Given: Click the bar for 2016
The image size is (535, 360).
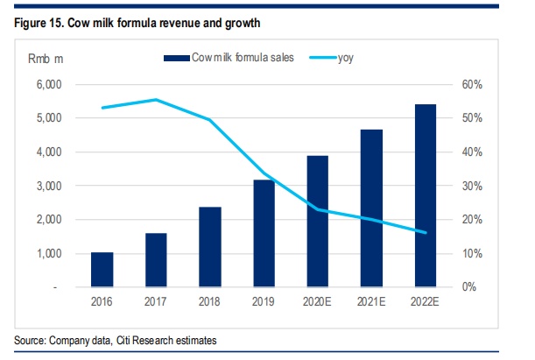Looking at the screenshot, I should pyautogui.click(x=102, y=270).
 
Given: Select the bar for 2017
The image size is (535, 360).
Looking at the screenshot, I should pyautogui.click(x=156, y=260).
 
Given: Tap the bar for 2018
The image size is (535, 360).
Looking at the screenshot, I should pyautogui.click(x=209, y=247).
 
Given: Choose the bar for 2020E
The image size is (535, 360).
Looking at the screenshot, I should pyautogui.click(x=317, y=222).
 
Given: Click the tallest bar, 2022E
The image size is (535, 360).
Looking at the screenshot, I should pyautogui.click(x=425, y=195).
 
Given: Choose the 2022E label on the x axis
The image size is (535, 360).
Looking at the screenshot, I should pyautogui.click(x=425, y=302).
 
